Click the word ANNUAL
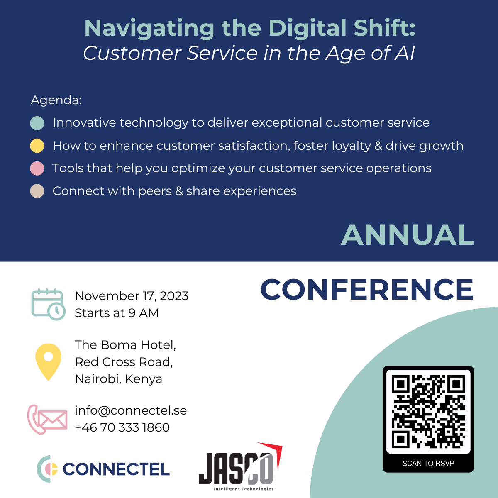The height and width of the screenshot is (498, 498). pos(408,235)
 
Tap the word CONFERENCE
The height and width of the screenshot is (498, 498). pos(367,289)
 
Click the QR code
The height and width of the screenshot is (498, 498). pos(428,412)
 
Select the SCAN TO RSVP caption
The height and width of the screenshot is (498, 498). pos(428,464)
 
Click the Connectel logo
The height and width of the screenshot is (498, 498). pos(104,469)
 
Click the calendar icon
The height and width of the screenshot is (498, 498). pos(48,305)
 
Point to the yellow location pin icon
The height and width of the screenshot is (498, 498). pos(49,361)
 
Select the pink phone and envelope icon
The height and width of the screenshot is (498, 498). pos(47,419)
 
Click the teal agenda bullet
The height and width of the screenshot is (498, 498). pos(37,123)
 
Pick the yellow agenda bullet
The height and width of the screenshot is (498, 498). pos(37,146)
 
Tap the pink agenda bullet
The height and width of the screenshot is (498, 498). pos(37,168)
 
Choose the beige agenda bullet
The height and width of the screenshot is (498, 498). pos(37,191)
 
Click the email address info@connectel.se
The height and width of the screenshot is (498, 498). pos(131,410)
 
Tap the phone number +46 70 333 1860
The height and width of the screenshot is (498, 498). pos(122,427)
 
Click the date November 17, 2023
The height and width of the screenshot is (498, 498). pos(132,296)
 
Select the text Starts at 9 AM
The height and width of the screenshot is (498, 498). pos(117,313)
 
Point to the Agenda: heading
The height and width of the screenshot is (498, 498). pos(56,100)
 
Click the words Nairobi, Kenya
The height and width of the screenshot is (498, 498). pos(119,379)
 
